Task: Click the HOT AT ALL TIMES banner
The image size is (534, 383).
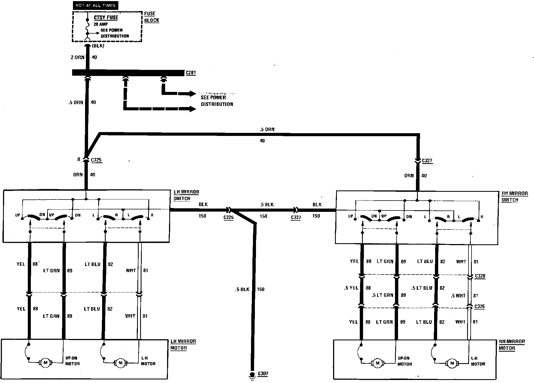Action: pyautogui.click(x=95, y=5)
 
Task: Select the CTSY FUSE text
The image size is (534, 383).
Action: pyautogui.click(x=106, y=17)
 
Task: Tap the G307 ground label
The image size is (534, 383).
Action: pyautogui.click(x=263, y=374)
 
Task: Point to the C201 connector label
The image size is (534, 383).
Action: pyautogui.click(x=191, y=73)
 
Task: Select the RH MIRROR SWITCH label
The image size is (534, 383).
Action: pyautogui.click(x=514, y=196)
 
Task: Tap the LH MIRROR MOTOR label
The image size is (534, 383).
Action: pyautogui.click(x=183, y=344)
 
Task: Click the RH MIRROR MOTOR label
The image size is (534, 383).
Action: pyautogui.click(x=512, y=345)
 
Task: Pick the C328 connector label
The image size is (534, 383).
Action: pyautogui.click(x=480, y=276)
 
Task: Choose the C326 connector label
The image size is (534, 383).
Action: pyautogui.click(x=479, y=306)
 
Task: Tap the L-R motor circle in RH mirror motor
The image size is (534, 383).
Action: pyautogui.click(x=452, y=363)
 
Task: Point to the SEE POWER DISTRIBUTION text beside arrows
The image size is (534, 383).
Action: pyautogui.click(x=217, y=101)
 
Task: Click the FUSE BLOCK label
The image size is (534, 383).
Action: pyautogui.click(x=151, y=17)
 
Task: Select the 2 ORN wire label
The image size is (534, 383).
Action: pyautogui.click(x=78, y=58)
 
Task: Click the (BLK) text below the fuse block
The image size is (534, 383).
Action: pyautogui.click(x=98, y=46)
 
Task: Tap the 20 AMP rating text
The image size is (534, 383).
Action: pyautogui.click(x=101, y=24)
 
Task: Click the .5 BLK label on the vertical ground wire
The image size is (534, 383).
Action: pyautogui.click(x=242, y=289)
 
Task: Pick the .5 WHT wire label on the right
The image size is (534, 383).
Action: pyautogui.click(x=458, y=296)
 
